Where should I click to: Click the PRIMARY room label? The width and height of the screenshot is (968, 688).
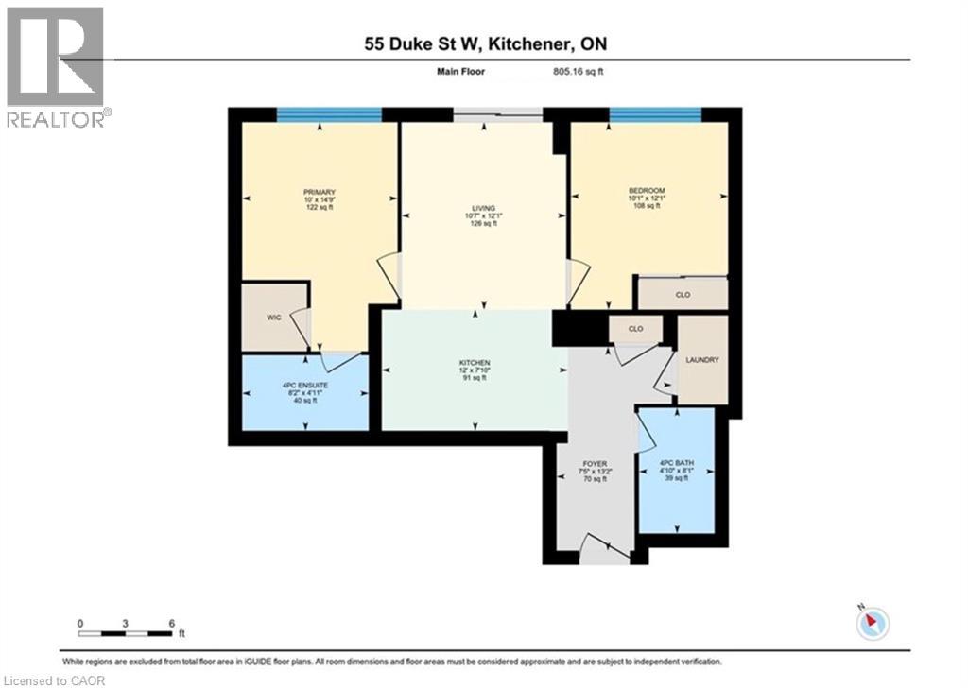[x=319, y=193]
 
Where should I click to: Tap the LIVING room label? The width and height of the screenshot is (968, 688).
[x=484, y=209]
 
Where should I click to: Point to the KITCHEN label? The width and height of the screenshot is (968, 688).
[x=474, y=362]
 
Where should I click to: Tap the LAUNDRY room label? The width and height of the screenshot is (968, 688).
[x=703, y=360]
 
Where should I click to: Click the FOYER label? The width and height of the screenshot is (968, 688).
[x=595, y=464]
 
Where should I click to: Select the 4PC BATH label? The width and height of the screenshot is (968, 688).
[x=676, y=464]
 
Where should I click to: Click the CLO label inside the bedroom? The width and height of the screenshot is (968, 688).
[x=683, y=295]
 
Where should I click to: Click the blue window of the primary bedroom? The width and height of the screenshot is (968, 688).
[x=329, y=114]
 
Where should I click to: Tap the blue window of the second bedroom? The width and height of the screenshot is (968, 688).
[x=655, y=114]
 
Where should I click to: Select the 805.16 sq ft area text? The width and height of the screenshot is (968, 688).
[x=579, y=70]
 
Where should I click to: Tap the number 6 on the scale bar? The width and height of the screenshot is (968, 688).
[x=170, y=624]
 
